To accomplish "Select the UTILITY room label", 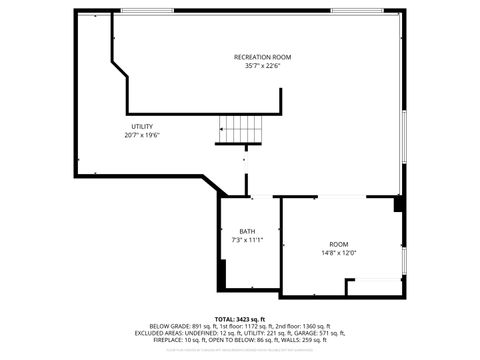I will tap(142, 126).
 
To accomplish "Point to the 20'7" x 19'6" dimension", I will tap(142, 135).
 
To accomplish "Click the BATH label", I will tap(246, 232).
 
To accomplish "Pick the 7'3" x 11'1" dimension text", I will tap(246, 241).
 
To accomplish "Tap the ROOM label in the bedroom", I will tap(339, 245).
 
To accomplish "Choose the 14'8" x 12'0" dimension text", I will tap(339, 254).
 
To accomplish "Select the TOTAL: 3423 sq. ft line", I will tap(239, 317).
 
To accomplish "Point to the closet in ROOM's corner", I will tap(371, 286).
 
